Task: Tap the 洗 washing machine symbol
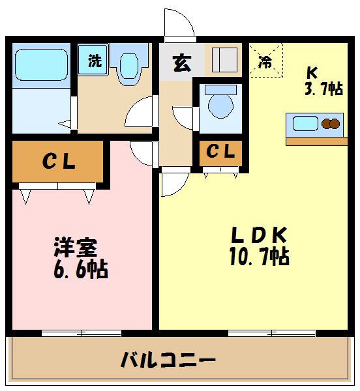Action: coord(95,63)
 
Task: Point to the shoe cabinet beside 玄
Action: coord(223,61)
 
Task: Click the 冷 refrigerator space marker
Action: coord(265,62)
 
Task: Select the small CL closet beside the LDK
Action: coord(220,152)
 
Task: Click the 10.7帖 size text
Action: coord(258,256)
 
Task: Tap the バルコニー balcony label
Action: coord(168,358)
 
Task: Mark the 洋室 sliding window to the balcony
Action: coord(82,333)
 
